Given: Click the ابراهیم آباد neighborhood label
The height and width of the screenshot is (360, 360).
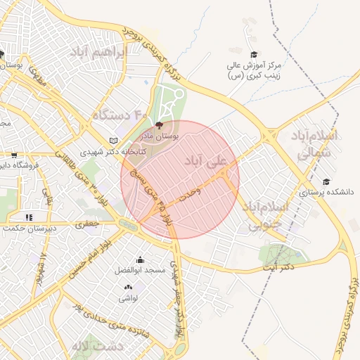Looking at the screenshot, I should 99,52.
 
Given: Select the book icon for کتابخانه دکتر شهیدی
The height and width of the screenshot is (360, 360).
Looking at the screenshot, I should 114,140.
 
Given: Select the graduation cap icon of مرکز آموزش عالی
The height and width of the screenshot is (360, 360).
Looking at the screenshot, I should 254,55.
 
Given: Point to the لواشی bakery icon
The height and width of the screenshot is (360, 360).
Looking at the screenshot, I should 128,287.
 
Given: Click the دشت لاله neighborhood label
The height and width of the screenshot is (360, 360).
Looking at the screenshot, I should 98,347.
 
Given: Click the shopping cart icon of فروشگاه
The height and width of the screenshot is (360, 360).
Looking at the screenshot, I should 13,155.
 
